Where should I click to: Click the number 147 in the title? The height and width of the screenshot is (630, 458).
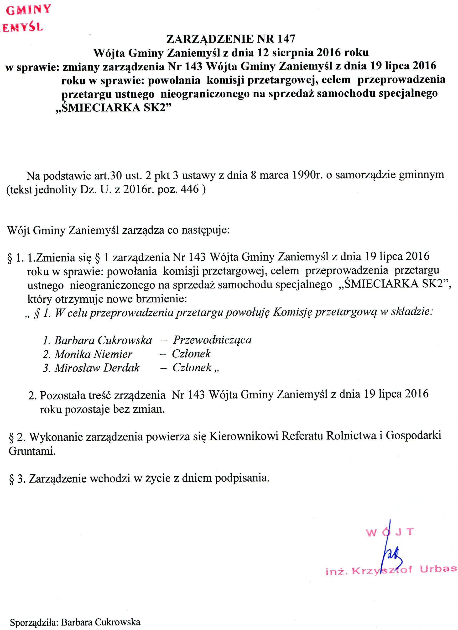coord(286,39)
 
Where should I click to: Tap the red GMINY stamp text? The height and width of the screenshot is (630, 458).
coord(28,10)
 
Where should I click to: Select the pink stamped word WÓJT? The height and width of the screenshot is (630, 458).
coord(390,532)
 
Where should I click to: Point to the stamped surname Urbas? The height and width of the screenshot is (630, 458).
coord(438,569)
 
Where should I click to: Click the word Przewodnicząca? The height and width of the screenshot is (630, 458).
coord(213,340)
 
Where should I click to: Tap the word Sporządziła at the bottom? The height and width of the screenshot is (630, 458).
coord(34,622)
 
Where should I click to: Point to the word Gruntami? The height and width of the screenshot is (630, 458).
coord(32,451)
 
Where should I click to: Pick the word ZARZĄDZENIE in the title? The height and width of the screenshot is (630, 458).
coord(210,39)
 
